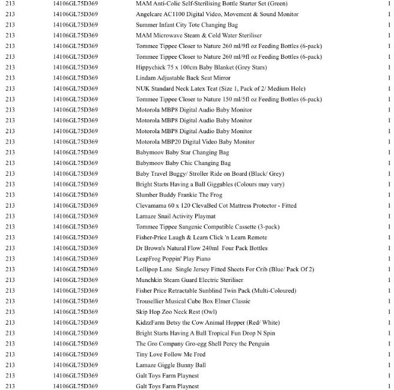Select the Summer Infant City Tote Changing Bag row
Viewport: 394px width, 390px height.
187,25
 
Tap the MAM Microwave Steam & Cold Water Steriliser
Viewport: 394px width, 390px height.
198,35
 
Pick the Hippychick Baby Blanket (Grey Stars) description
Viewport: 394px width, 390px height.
201,67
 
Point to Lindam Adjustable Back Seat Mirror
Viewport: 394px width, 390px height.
183,78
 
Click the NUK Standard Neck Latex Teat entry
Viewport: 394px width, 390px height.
220,89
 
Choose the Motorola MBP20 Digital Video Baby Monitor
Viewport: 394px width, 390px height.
195,142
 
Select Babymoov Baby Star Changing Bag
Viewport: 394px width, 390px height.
183,152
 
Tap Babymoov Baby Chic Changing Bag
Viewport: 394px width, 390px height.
183,163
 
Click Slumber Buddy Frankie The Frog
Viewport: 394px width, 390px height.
179,195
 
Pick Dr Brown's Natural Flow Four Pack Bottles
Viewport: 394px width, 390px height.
201,248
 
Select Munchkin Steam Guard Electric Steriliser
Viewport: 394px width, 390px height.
189,280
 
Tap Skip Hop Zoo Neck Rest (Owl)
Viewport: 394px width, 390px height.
176,312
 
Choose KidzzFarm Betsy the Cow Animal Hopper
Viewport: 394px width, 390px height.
207,322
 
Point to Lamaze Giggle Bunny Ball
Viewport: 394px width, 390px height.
171,365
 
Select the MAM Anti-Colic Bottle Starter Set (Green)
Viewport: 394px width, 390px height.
211,4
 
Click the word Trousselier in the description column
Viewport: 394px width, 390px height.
151,301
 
